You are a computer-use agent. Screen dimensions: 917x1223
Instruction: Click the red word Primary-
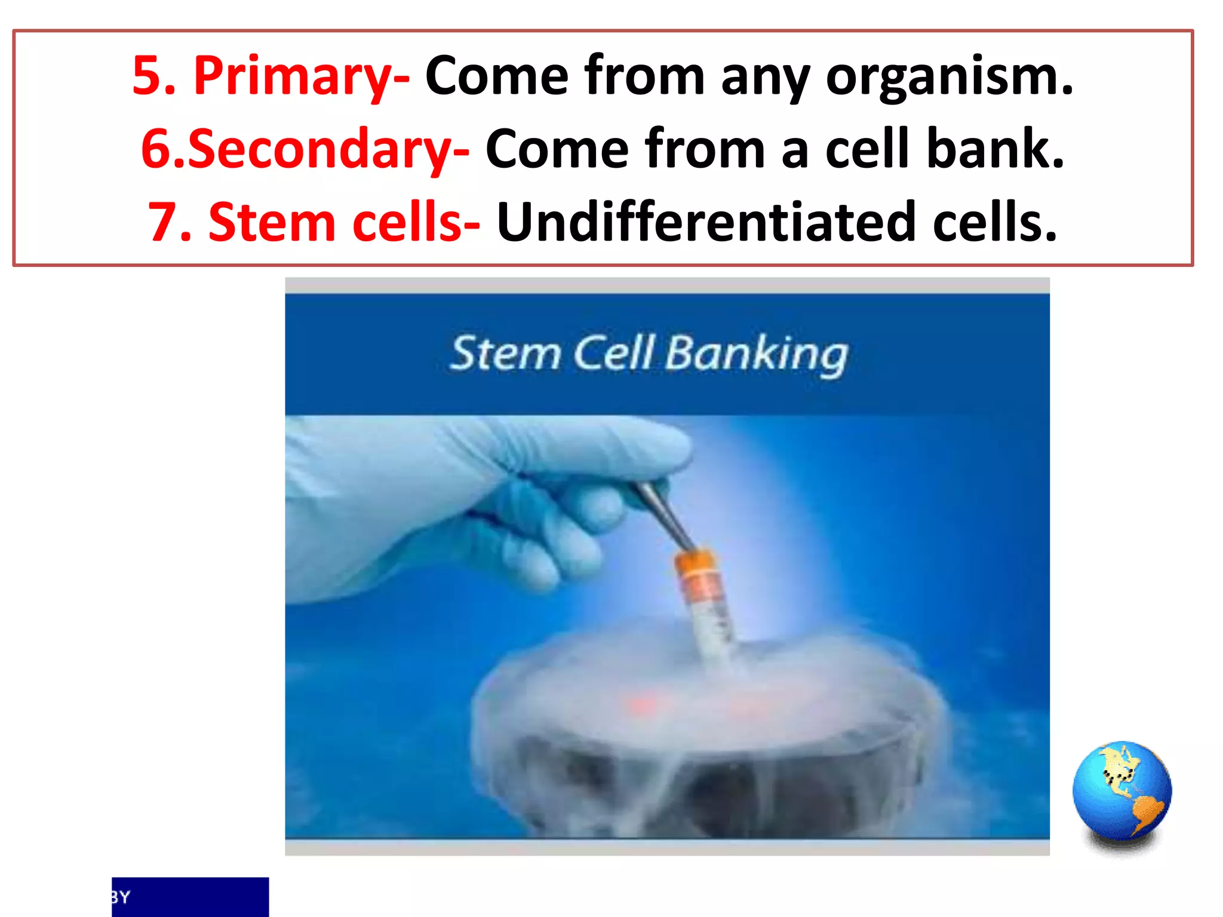pos(302,76)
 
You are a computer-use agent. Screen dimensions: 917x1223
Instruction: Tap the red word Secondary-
pos(328,149)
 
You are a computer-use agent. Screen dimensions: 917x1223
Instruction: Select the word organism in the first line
pos(949,76)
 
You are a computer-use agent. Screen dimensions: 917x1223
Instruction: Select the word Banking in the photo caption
pos(755,355)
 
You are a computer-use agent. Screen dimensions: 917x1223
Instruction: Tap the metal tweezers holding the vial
pos(663,513)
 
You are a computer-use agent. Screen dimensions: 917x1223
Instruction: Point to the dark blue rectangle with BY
pos(190,896)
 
